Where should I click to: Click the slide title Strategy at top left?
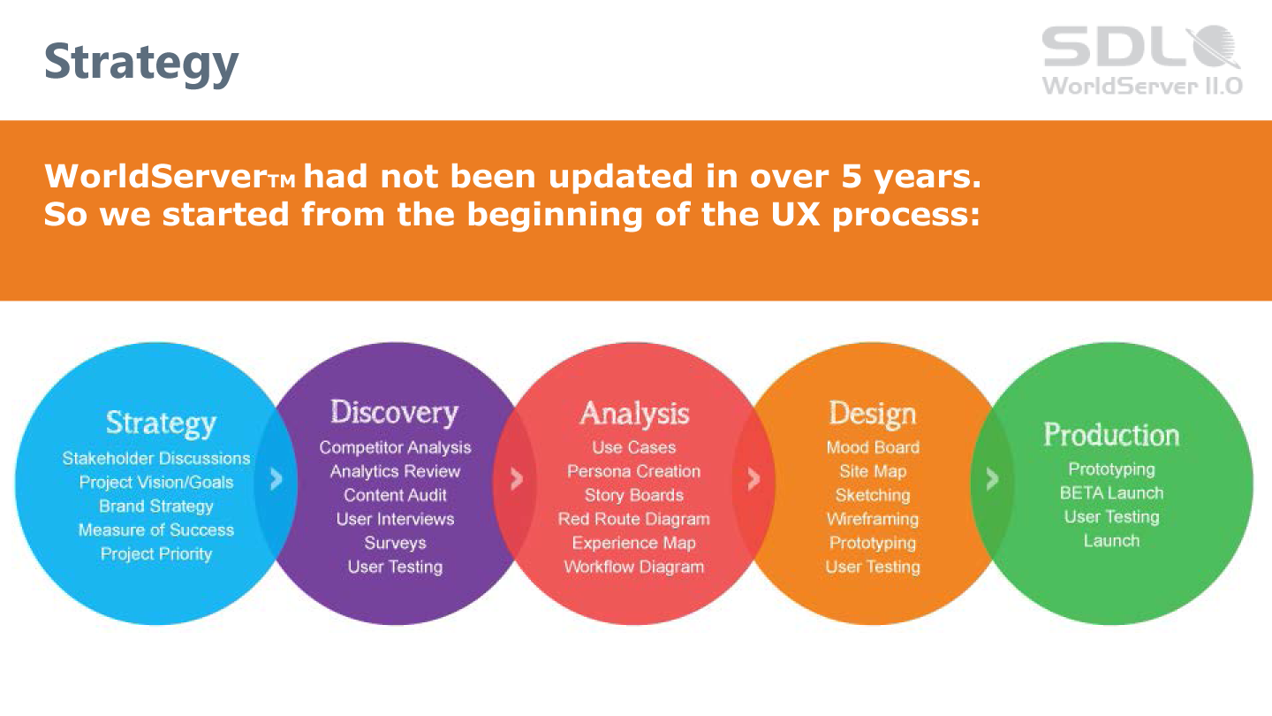141,63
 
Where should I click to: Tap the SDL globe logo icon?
1214,46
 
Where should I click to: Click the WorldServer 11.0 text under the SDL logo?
1142,86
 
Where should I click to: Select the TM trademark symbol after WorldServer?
282,181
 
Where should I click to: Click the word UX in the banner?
795,214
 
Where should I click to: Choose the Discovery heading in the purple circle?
394,413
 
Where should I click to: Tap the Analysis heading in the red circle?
634,413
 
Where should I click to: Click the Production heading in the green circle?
1111,435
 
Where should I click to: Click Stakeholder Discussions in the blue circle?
156,459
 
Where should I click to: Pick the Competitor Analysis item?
395,448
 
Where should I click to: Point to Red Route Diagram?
633,520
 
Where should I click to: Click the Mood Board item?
873,448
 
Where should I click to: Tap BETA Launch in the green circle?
1111,493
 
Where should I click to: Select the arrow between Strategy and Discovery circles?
276,479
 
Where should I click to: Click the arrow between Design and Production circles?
992,479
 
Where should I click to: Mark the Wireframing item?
873,520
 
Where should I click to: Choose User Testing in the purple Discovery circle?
395,567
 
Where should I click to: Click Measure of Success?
156,530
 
